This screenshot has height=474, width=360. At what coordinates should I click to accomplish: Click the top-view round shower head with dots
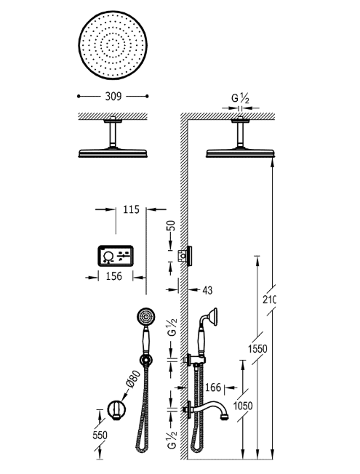[x=113, y=48]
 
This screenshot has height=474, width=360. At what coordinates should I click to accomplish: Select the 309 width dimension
[x=113, y=95]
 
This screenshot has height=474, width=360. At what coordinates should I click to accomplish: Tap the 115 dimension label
[x=131, y=210]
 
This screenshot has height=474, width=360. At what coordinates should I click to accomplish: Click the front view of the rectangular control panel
[x=113, y=255]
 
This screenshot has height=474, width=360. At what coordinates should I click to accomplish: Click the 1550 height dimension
[x=257, y=349]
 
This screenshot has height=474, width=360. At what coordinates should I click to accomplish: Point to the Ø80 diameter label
[x=132, y=379]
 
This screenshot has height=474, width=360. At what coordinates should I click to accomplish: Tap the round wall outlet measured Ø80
[x=115, y=409]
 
